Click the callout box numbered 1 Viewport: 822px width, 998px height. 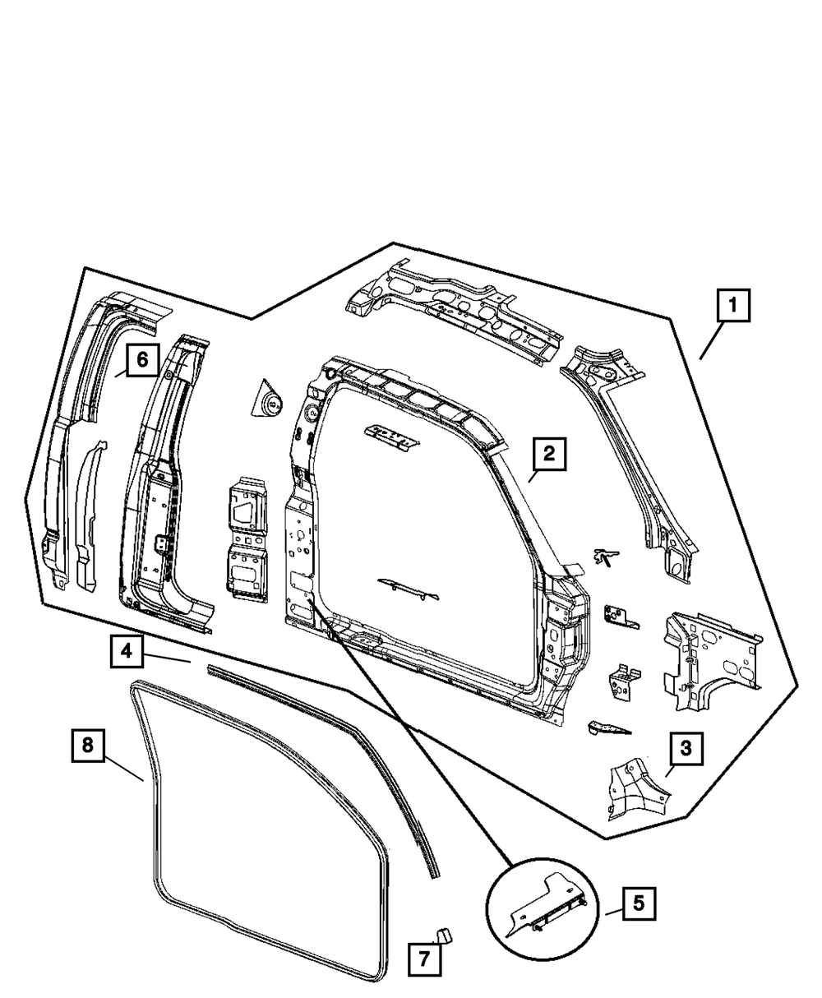tap(733, 308)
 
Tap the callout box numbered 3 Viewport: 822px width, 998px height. tap(686, 749)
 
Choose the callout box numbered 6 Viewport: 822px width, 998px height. tap(141, 359)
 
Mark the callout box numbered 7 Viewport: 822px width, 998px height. tap(424, 959)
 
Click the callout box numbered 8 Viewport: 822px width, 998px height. tap(88, 745)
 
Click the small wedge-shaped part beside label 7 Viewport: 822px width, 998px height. tap(443, 934)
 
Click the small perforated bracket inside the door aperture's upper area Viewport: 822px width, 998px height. tap(391, 436)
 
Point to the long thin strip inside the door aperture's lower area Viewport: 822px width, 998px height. tap(408, 587)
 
